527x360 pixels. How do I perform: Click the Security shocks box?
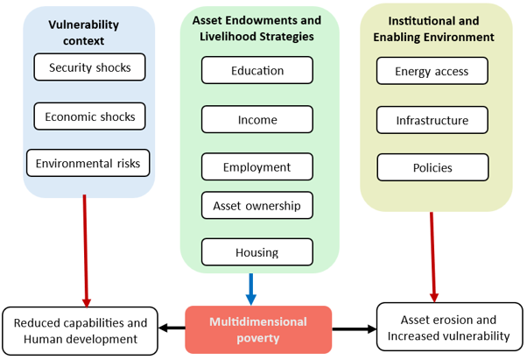90,67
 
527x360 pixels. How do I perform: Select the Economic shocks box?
90,116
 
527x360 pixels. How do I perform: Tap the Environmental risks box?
88,163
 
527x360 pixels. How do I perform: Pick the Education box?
257,70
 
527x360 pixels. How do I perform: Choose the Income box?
257,119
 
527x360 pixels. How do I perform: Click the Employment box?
257,166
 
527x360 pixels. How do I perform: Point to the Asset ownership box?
257,205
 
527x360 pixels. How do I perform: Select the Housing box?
257,252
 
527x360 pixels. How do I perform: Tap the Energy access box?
432,71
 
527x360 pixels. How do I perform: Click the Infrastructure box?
432,120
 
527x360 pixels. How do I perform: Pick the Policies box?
432,167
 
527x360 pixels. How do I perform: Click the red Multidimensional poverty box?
258,329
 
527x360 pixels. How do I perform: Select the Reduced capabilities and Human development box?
81,331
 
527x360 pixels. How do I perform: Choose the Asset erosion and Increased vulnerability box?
450,327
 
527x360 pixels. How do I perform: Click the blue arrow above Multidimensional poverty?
251,289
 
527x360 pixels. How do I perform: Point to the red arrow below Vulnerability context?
86,251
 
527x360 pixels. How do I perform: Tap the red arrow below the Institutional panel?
432,258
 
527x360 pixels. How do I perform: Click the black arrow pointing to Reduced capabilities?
172,328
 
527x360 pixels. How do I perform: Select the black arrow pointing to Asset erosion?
355,329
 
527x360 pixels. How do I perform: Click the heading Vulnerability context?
84,32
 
